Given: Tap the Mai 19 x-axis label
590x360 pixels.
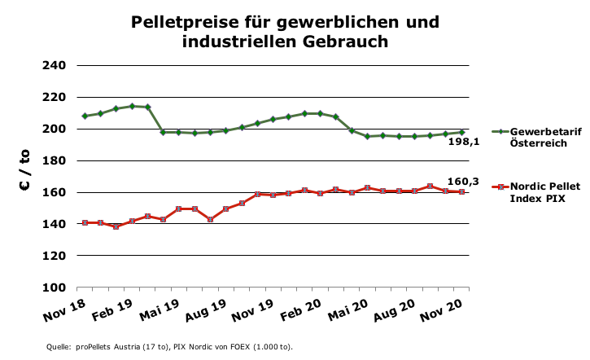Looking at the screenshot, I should pyautogui.click(x=161, y=311).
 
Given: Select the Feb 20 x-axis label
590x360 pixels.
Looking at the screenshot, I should pyautogui.click(x=304, y=311).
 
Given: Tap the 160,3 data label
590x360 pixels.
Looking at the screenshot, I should pyautogui.click(x=462, y=181).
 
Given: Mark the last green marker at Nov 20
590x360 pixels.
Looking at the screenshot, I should pyautogui.click(x=462, y=132).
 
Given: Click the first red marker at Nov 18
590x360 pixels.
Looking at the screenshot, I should pyautogui.click(x=85, y=222).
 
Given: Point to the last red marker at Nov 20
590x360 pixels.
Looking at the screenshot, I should pyautogui.click(x=462, y=191).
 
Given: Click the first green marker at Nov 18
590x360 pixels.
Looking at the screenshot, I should pyautogui.click(x=85, y=116).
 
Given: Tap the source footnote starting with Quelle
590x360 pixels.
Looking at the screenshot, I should pyautogui.click(x=169, y=347).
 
